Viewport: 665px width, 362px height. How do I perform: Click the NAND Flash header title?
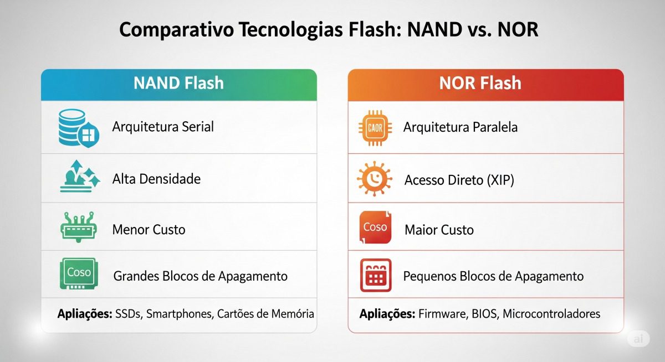[x=178, y=84]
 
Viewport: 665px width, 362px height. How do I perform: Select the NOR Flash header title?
[x=480, y=84]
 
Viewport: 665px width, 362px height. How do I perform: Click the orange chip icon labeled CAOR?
[x=375, y=127]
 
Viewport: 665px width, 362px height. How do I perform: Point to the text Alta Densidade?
[x=156, y=179]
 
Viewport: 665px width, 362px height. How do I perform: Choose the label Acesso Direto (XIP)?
[x=459, y=180]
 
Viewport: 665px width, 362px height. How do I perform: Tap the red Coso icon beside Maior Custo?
[x=375, y=227]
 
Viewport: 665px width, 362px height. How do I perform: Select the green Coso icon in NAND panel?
[x=78, y=273]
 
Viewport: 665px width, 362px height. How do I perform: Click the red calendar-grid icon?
[x=375, y=275]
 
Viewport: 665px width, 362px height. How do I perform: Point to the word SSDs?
[x=128, y=314]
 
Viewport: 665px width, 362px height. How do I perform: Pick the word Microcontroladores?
[x=551, y=314]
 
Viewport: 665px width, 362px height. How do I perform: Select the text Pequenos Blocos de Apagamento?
[x=493, y=276]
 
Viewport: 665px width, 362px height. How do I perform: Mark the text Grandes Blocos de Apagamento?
[x=200, y=276]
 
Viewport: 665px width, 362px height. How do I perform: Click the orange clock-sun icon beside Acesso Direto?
[x=374, y=180]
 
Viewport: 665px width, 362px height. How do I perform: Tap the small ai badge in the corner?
[x=638, y=339]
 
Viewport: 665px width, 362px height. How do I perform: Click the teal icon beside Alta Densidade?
[x=78, y=177]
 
